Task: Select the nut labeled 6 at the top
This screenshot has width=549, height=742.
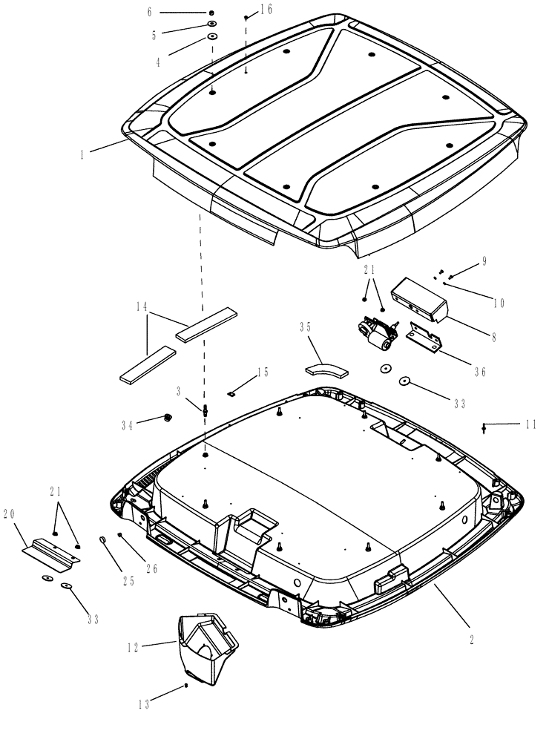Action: coord(212,13)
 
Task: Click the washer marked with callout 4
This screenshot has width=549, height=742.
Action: coord(212,36)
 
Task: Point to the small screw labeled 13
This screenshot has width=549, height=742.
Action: coord(186,686)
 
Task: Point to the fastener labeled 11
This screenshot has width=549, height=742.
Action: coord(484,427)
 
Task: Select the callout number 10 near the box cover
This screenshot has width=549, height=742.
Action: coord(499,302)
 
